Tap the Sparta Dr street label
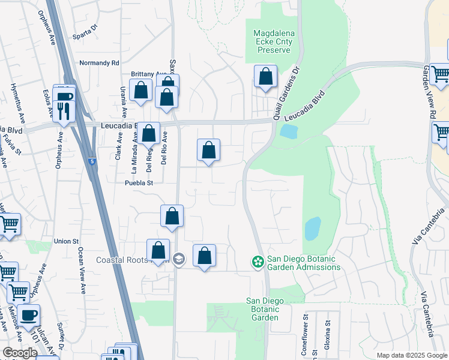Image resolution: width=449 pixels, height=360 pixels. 85,35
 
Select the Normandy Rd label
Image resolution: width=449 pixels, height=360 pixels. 100,62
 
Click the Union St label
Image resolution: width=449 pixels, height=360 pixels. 66,241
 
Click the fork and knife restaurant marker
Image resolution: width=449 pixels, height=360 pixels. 62,110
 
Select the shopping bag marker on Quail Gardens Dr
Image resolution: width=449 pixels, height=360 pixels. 265,77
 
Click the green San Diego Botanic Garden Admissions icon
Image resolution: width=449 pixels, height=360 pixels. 258,261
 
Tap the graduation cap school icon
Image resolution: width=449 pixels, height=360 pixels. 178,259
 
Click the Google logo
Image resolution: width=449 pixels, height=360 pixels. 20,353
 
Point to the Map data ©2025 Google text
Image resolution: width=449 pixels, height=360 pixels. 412,355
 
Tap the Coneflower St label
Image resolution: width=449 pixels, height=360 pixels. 305,335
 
